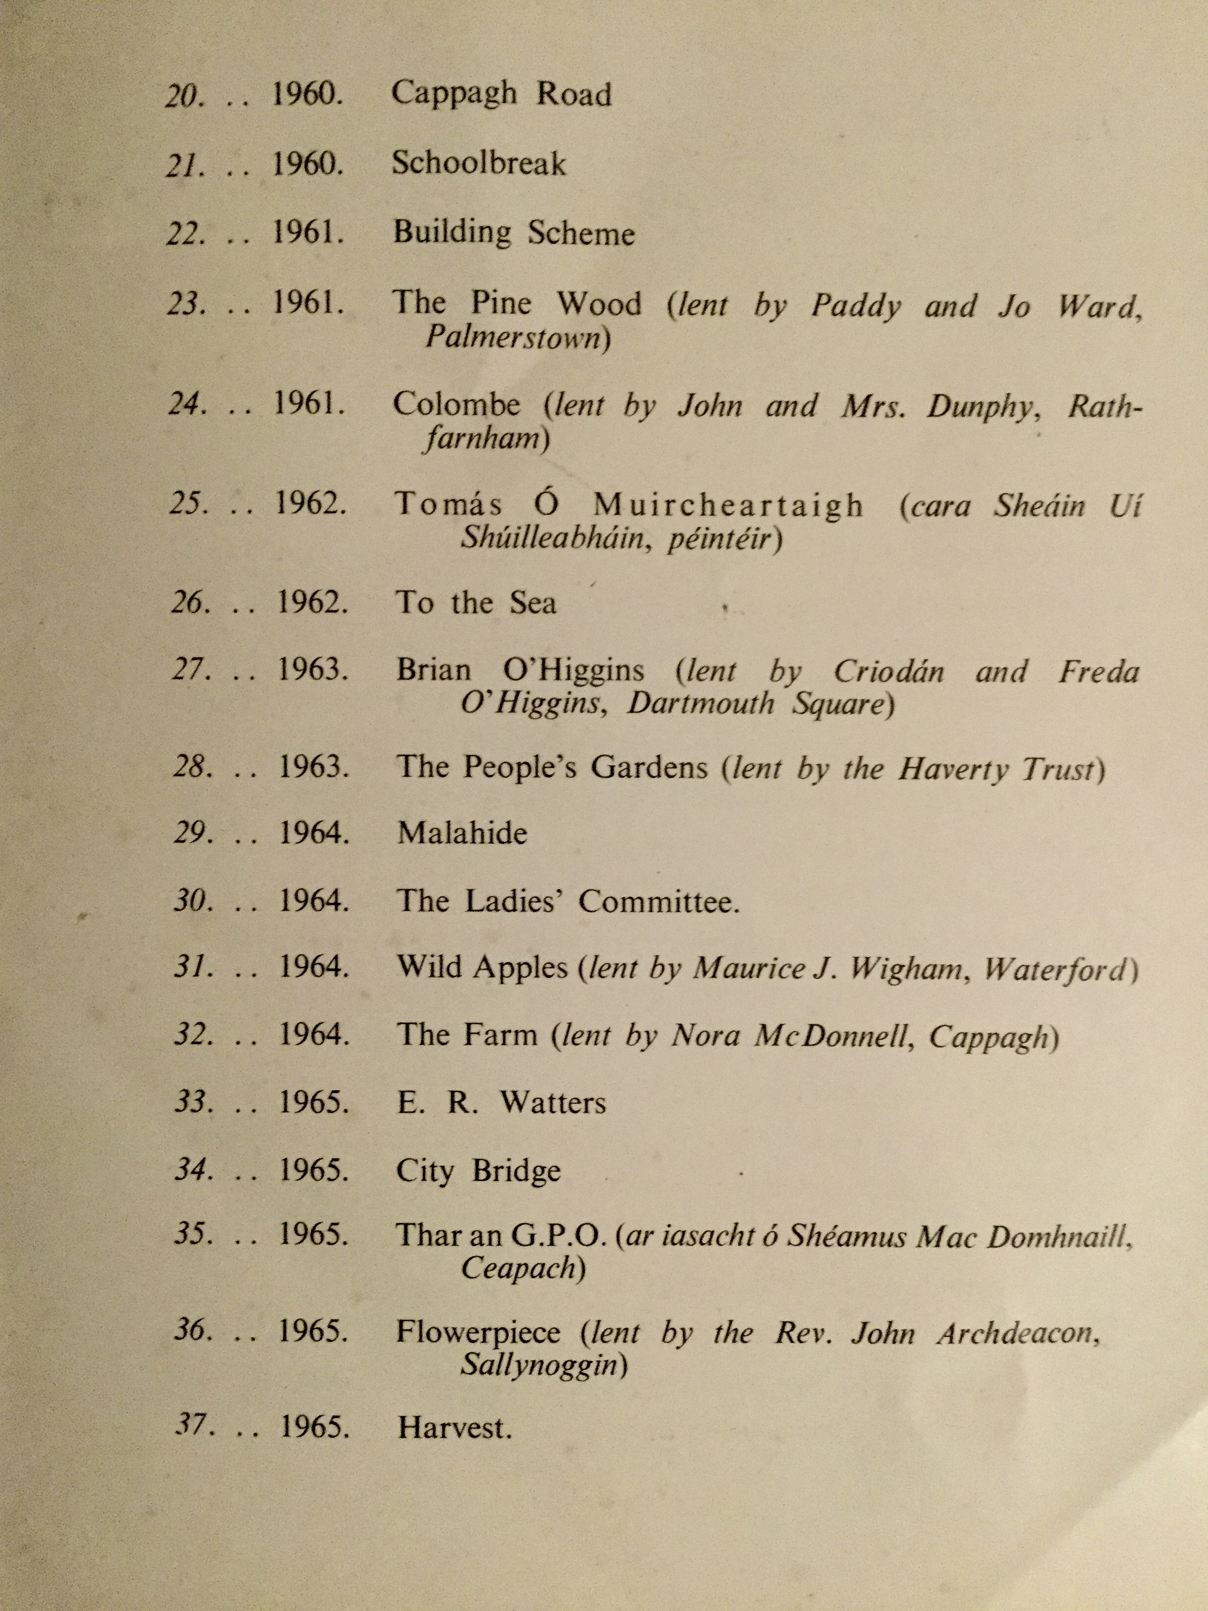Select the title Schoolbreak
(478, 164)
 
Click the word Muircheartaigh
(728, 505)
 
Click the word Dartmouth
(700, 704)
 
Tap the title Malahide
(462, 833)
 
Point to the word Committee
(659, 902)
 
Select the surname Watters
(553, 1103)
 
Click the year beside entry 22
(308, 232)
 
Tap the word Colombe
(456, 406)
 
